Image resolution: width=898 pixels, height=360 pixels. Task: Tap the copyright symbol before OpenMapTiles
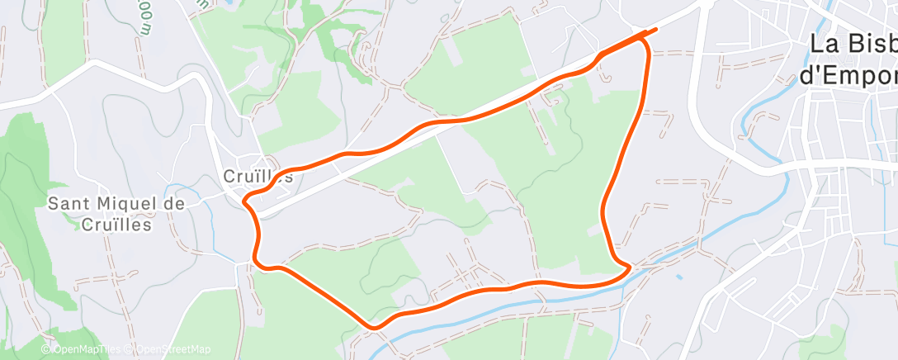[46, 349]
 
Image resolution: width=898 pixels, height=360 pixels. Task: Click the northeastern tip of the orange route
[656, 31]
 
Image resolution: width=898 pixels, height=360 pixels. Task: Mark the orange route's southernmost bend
[375, 328]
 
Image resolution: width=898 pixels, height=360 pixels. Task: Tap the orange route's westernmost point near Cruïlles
[245, 199]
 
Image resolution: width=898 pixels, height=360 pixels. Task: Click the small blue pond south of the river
[678, 277]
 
